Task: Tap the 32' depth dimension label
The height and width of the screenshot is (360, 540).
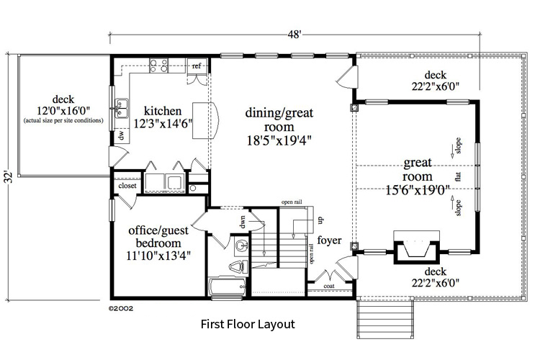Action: pyautogui.click(x=8, y=176)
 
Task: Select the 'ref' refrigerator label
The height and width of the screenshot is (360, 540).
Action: pyautogui.click(x=196, y=66)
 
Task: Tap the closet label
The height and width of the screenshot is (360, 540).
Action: pyautogui.click(x=127, y=186)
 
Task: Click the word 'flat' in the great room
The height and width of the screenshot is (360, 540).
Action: pyautogui.click(x=458, y=176)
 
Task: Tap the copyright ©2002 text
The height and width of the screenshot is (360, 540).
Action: pyautogui.click(x=121, y=307)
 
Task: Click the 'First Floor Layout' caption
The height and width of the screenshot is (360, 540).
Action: pyautogui.click(x=247, y=325)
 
